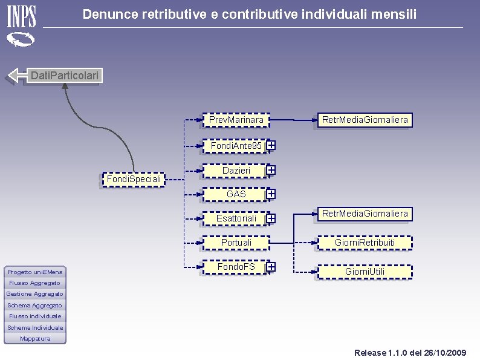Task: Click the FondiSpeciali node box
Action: tap(134, 179)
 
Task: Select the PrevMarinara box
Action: tap(236, 120)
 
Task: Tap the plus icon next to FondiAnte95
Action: tap(271, 145)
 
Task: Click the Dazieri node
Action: tap(236, 171)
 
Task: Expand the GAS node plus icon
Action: tap(271, 194)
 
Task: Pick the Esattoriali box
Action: tap(236, 218)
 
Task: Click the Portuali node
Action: tap(236, 243)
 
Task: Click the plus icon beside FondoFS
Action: tap(271, 267)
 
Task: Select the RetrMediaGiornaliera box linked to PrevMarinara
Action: tap(365, 120)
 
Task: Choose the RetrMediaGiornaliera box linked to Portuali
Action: tap(365, 214)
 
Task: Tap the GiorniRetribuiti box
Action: tap(365, 243)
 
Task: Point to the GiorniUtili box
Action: tap(365, 272)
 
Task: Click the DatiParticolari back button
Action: tap(65, 76)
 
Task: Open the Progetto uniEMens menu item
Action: tap(35, 272)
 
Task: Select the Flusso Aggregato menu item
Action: tap(35, 283)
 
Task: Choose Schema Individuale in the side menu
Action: tap(35, 327)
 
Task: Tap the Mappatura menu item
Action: tap(35, 339)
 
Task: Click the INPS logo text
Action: tap(21, 16)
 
